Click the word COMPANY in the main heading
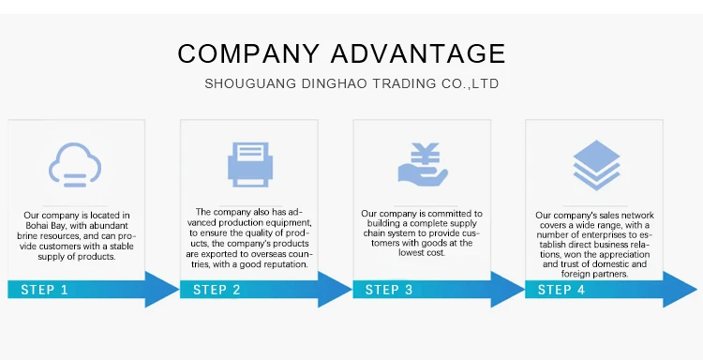(x=248, y=53)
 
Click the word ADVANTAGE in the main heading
(x=418, y=53)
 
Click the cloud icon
(x=75, y=165)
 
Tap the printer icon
(x=250, y=165)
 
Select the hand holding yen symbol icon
(x=423, y=165)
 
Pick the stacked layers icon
(x=596, y=165)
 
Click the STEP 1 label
(x=44, y=290)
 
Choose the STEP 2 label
(x=217, y=290)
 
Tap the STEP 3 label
(x=389, y=290)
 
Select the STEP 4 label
(x=561, y=290)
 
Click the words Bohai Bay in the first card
(x=46, y=226)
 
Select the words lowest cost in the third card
(x=422, y=253)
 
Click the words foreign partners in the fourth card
(x=594, y=274)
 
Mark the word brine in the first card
(x=26, y=236)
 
